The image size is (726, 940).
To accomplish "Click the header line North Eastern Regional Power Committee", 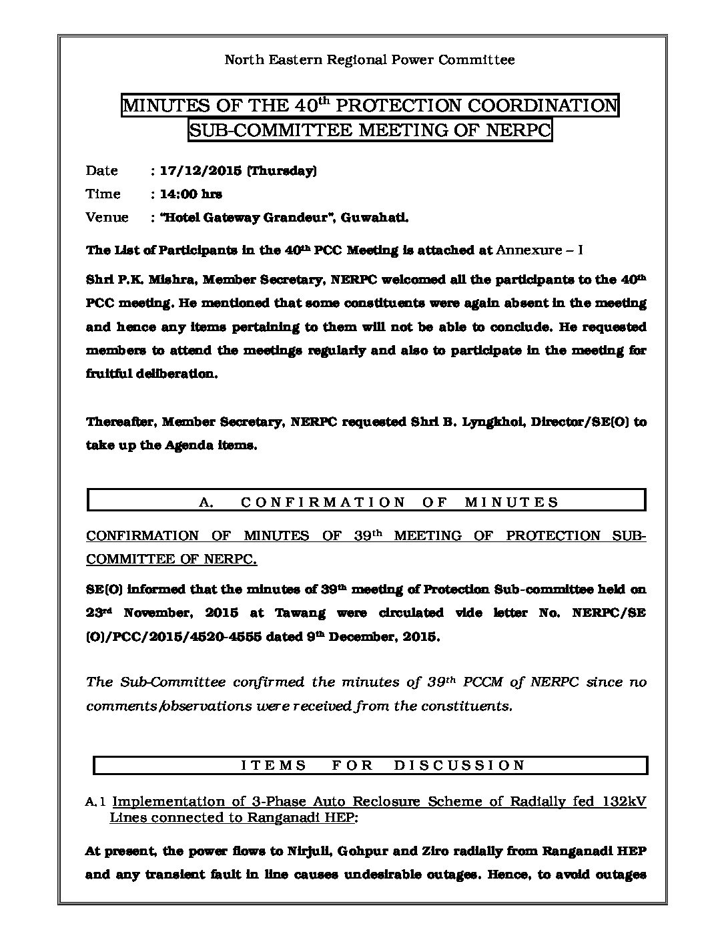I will pyautogui.click(x=369, y=60).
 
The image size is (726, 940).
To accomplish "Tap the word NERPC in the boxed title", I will pyautogui.click(x=518, y=130).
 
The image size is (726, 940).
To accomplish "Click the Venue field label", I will pyautogui.click(x=107, y=218).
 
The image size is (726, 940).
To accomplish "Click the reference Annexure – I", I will pyautogui.click(x=540, y=250).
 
